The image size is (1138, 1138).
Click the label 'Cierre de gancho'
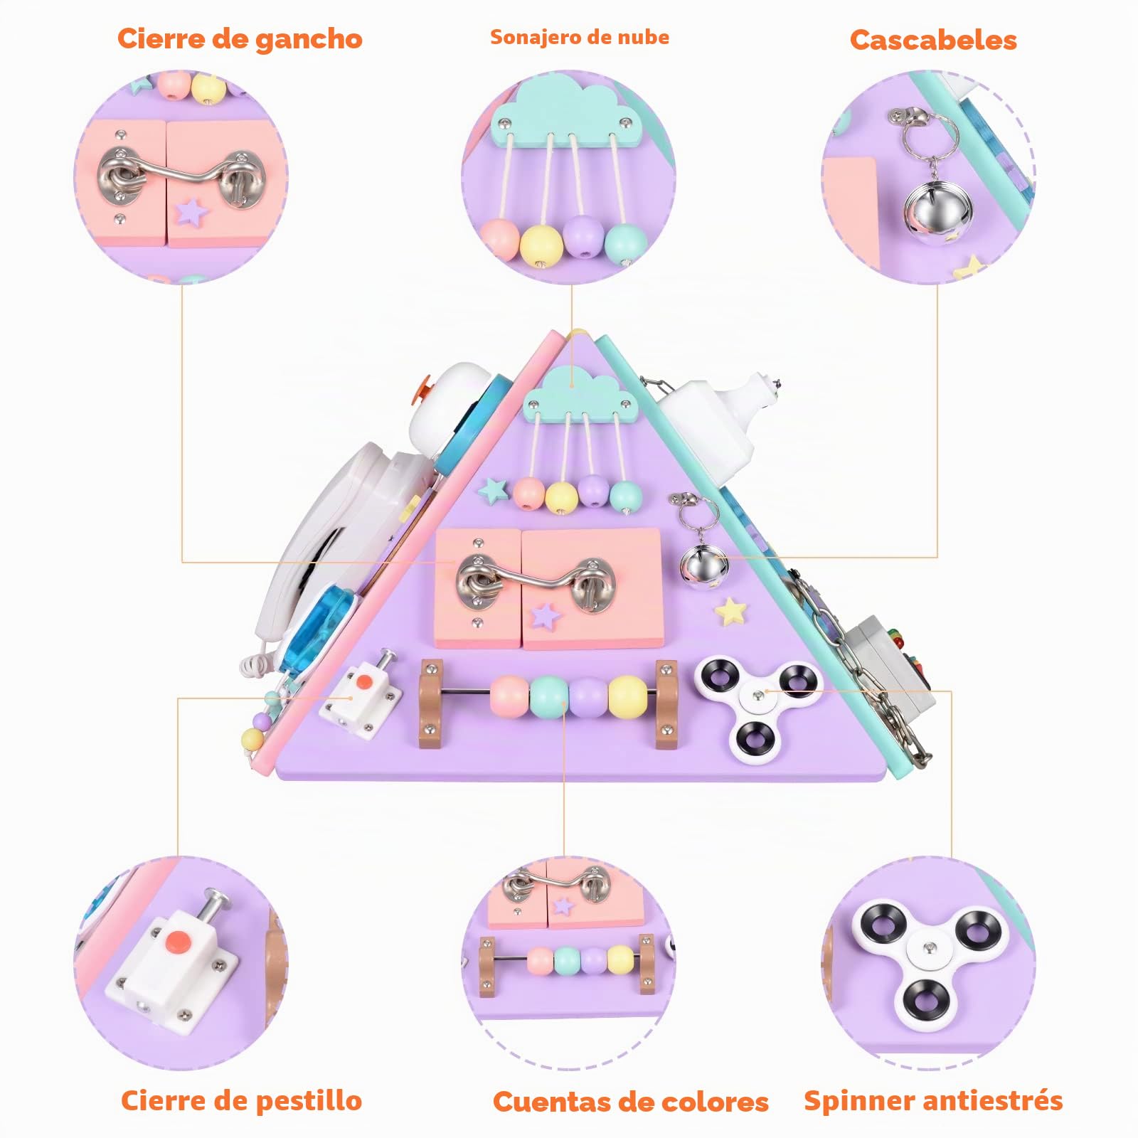240,38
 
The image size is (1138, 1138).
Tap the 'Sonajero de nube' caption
580,37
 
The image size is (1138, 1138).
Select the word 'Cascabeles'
933,40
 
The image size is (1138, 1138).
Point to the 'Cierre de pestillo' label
241,1100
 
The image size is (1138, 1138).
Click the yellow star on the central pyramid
731,612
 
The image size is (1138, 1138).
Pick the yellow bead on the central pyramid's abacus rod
628,697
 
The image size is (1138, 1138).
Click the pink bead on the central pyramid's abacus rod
510,697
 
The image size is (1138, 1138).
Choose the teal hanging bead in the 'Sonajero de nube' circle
625,242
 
